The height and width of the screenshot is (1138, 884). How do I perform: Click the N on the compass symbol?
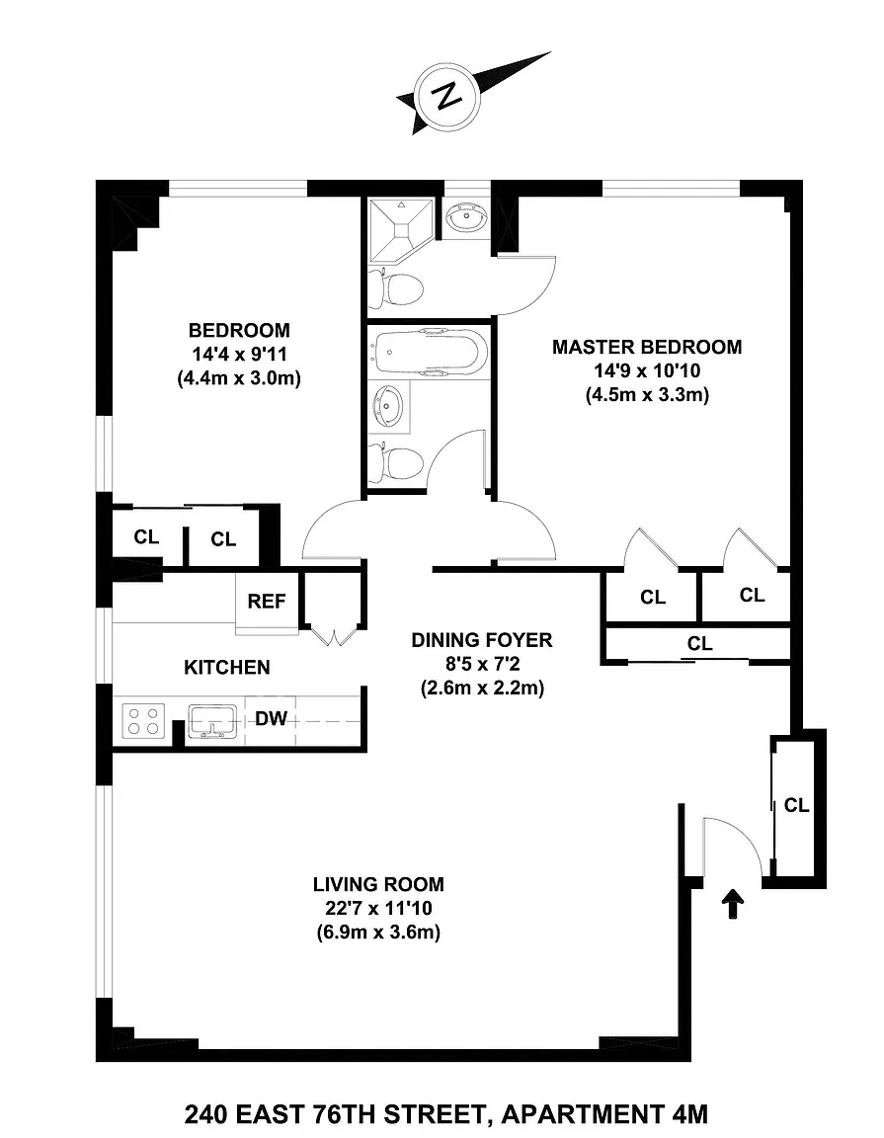point(446,97)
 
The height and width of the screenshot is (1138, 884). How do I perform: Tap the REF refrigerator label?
point(267,601)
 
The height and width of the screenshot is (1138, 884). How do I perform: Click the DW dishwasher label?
point(272,718)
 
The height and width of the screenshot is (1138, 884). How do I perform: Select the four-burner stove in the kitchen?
point(143,721)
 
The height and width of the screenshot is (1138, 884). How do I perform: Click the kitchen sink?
point(212,721)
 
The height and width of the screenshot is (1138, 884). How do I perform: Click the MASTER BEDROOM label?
point(647,347)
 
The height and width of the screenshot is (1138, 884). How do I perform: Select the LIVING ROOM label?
point(378,884)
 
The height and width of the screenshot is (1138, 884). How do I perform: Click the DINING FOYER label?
point(482,639)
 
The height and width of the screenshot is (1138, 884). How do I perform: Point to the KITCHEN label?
point(226,667)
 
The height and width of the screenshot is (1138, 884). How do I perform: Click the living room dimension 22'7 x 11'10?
point(378,908)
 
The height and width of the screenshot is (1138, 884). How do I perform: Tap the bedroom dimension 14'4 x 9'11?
point(239,355)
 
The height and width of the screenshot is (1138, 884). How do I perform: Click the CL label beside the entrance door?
point(796,805)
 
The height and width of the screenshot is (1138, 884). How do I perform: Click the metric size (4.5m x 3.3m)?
point(647,395)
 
